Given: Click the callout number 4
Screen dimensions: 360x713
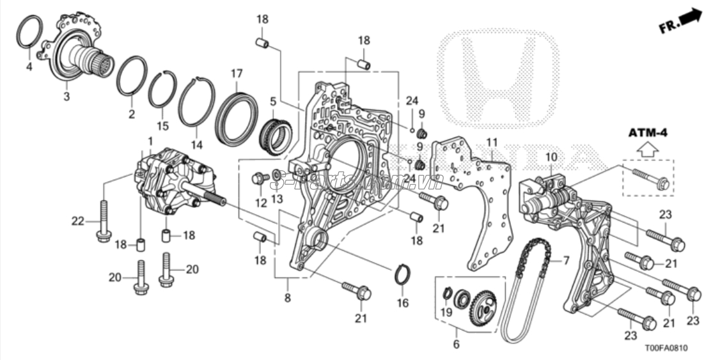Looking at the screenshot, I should point(28,66).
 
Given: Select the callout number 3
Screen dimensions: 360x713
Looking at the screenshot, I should point(67,97).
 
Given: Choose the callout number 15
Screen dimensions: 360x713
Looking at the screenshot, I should point(163,126).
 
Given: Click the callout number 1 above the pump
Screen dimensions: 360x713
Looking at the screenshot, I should point(151,140).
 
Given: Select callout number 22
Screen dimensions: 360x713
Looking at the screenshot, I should point(78,221).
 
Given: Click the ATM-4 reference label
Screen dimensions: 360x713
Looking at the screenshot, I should point(647,132).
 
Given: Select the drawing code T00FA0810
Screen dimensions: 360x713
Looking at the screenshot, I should point(665,348).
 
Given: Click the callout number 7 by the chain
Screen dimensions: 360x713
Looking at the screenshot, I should point(565,260).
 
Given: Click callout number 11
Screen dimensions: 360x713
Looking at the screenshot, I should point(491,141).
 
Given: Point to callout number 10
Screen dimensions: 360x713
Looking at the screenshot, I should point(551,157).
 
